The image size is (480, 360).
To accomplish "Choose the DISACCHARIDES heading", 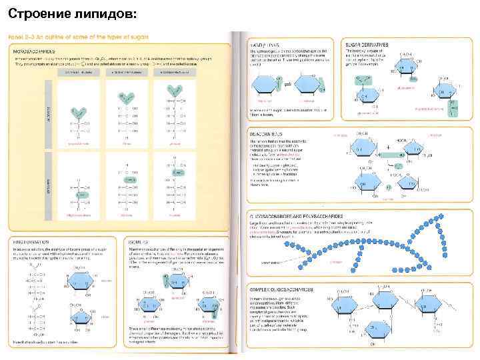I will (267, 134).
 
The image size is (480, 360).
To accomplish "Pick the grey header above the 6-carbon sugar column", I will (175, 71).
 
